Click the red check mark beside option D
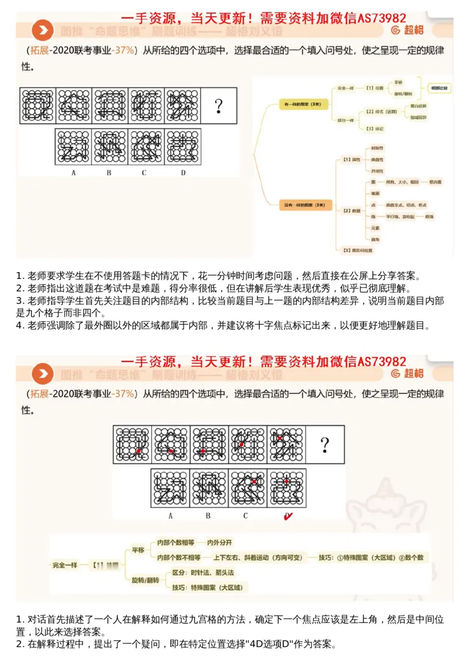(288, 516)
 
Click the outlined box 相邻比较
(439, 88)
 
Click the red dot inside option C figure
(254, 481)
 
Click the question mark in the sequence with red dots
(325, 445)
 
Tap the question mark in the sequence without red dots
(219, 106)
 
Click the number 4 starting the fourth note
(18, 325)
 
